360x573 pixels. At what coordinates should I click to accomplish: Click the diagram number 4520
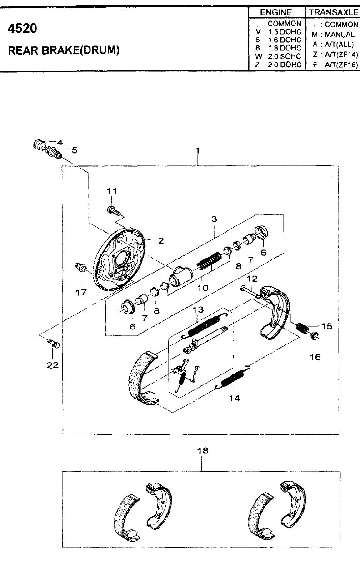coord(23,28)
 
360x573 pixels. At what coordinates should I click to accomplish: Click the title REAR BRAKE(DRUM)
coord(64,50)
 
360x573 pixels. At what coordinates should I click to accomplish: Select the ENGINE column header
coord(276,12)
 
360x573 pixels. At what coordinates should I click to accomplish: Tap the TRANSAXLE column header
coord(333,12)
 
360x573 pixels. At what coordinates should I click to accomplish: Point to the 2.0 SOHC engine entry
coord(285,56)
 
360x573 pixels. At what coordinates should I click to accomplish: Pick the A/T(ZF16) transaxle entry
coord(341,65)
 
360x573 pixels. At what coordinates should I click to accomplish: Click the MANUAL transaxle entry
coord(340,35)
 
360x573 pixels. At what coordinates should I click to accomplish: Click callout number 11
coord(112,191)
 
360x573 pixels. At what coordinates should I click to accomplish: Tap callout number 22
coord(52,365)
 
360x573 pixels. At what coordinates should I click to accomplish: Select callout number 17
coord(81,292)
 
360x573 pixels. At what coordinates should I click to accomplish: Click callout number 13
coord(198,309)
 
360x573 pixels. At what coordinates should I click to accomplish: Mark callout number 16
coord(315,357)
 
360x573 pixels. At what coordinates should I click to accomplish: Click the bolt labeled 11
coord(113,211)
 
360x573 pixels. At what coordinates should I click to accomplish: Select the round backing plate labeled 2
coord(119,259)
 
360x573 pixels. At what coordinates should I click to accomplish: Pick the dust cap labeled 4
coord(39,145)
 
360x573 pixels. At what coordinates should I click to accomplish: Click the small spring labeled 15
coord(301,328)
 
